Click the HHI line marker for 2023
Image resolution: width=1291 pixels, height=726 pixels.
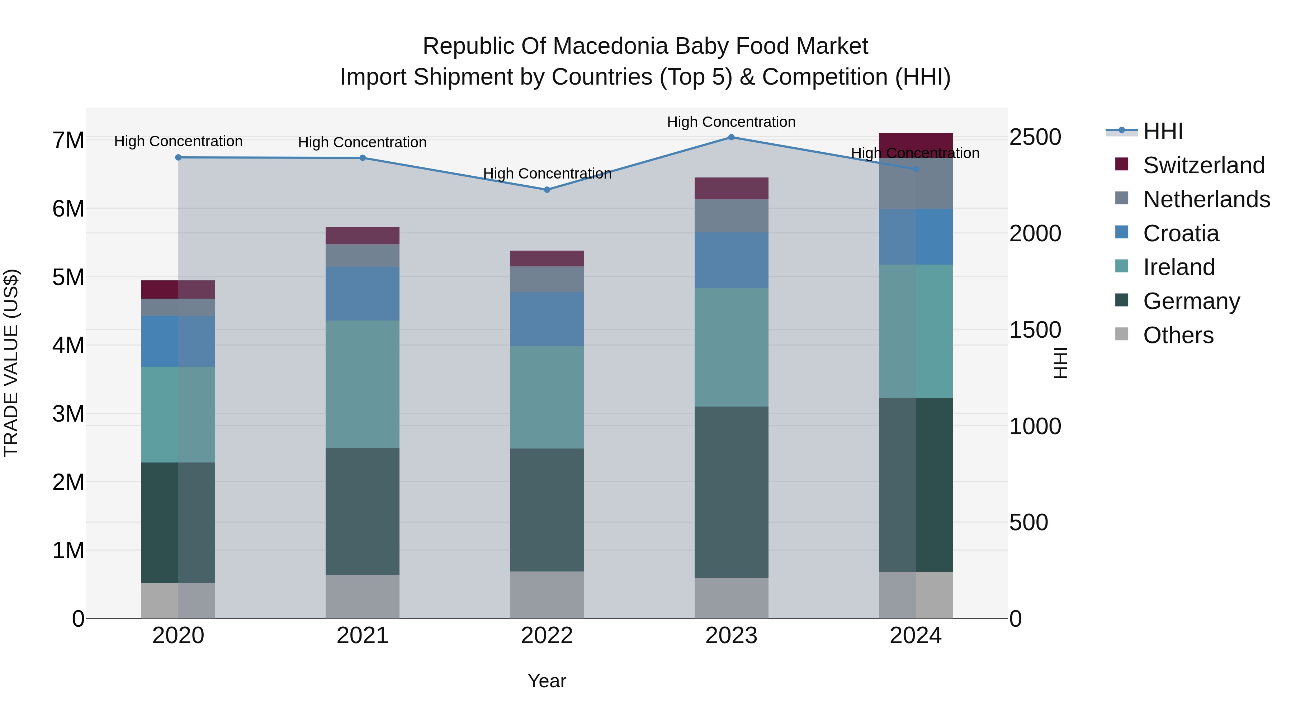[x=731, y=137]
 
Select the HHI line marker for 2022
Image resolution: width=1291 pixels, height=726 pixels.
[x=547, y=190]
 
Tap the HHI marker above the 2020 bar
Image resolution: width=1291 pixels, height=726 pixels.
[x=179, y=157]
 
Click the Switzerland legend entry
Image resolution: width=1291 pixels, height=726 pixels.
[x=1204, y=165]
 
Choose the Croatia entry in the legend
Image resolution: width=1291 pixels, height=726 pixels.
[x=1181, y=233]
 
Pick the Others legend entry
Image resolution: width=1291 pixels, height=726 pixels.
[x=1178, y=335]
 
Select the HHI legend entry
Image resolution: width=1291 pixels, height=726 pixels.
[x=1163, y=131]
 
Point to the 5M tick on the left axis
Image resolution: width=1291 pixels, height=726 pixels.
[x=68, y=277]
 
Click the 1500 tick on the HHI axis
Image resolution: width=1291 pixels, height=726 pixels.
[x=1035, y=330]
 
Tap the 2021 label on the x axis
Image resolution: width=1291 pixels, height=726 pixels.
[x=362, y=636]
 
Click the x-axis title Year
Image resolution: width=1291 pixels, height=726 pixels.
[x=547, y=681]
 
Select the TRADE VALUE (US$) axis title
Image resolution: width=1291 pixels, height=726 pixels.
[x=11, y=363]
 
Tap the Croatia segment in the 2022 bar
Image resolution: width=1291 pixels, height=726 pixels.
[x=547, y=319]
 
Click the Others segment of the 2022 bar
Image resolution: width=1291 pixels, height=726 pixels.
[x=547, y=595]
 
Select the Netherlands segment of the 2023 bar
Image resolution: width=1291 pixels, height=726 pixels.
[x=731, y=216]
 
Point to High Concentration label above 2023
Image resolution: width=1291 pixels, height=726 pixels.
[x=731, y=122]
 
